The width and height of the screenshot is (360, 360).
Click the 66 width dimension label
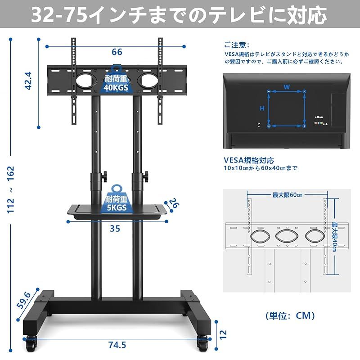pyautogui.click(x=117, y=52)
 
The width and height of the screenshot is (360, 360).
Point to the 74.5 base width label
pyautogui.click(x=117, y=345)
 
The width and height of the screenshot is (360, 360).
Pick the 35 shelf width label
pyautogui.click(x=115, y=229)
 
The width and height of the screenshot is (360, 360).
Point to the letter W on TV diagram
pyautogui.click(x=286, y=85)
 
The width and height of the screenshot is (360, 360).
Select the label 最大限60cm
pyautogui.click(x=287, y=195)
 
